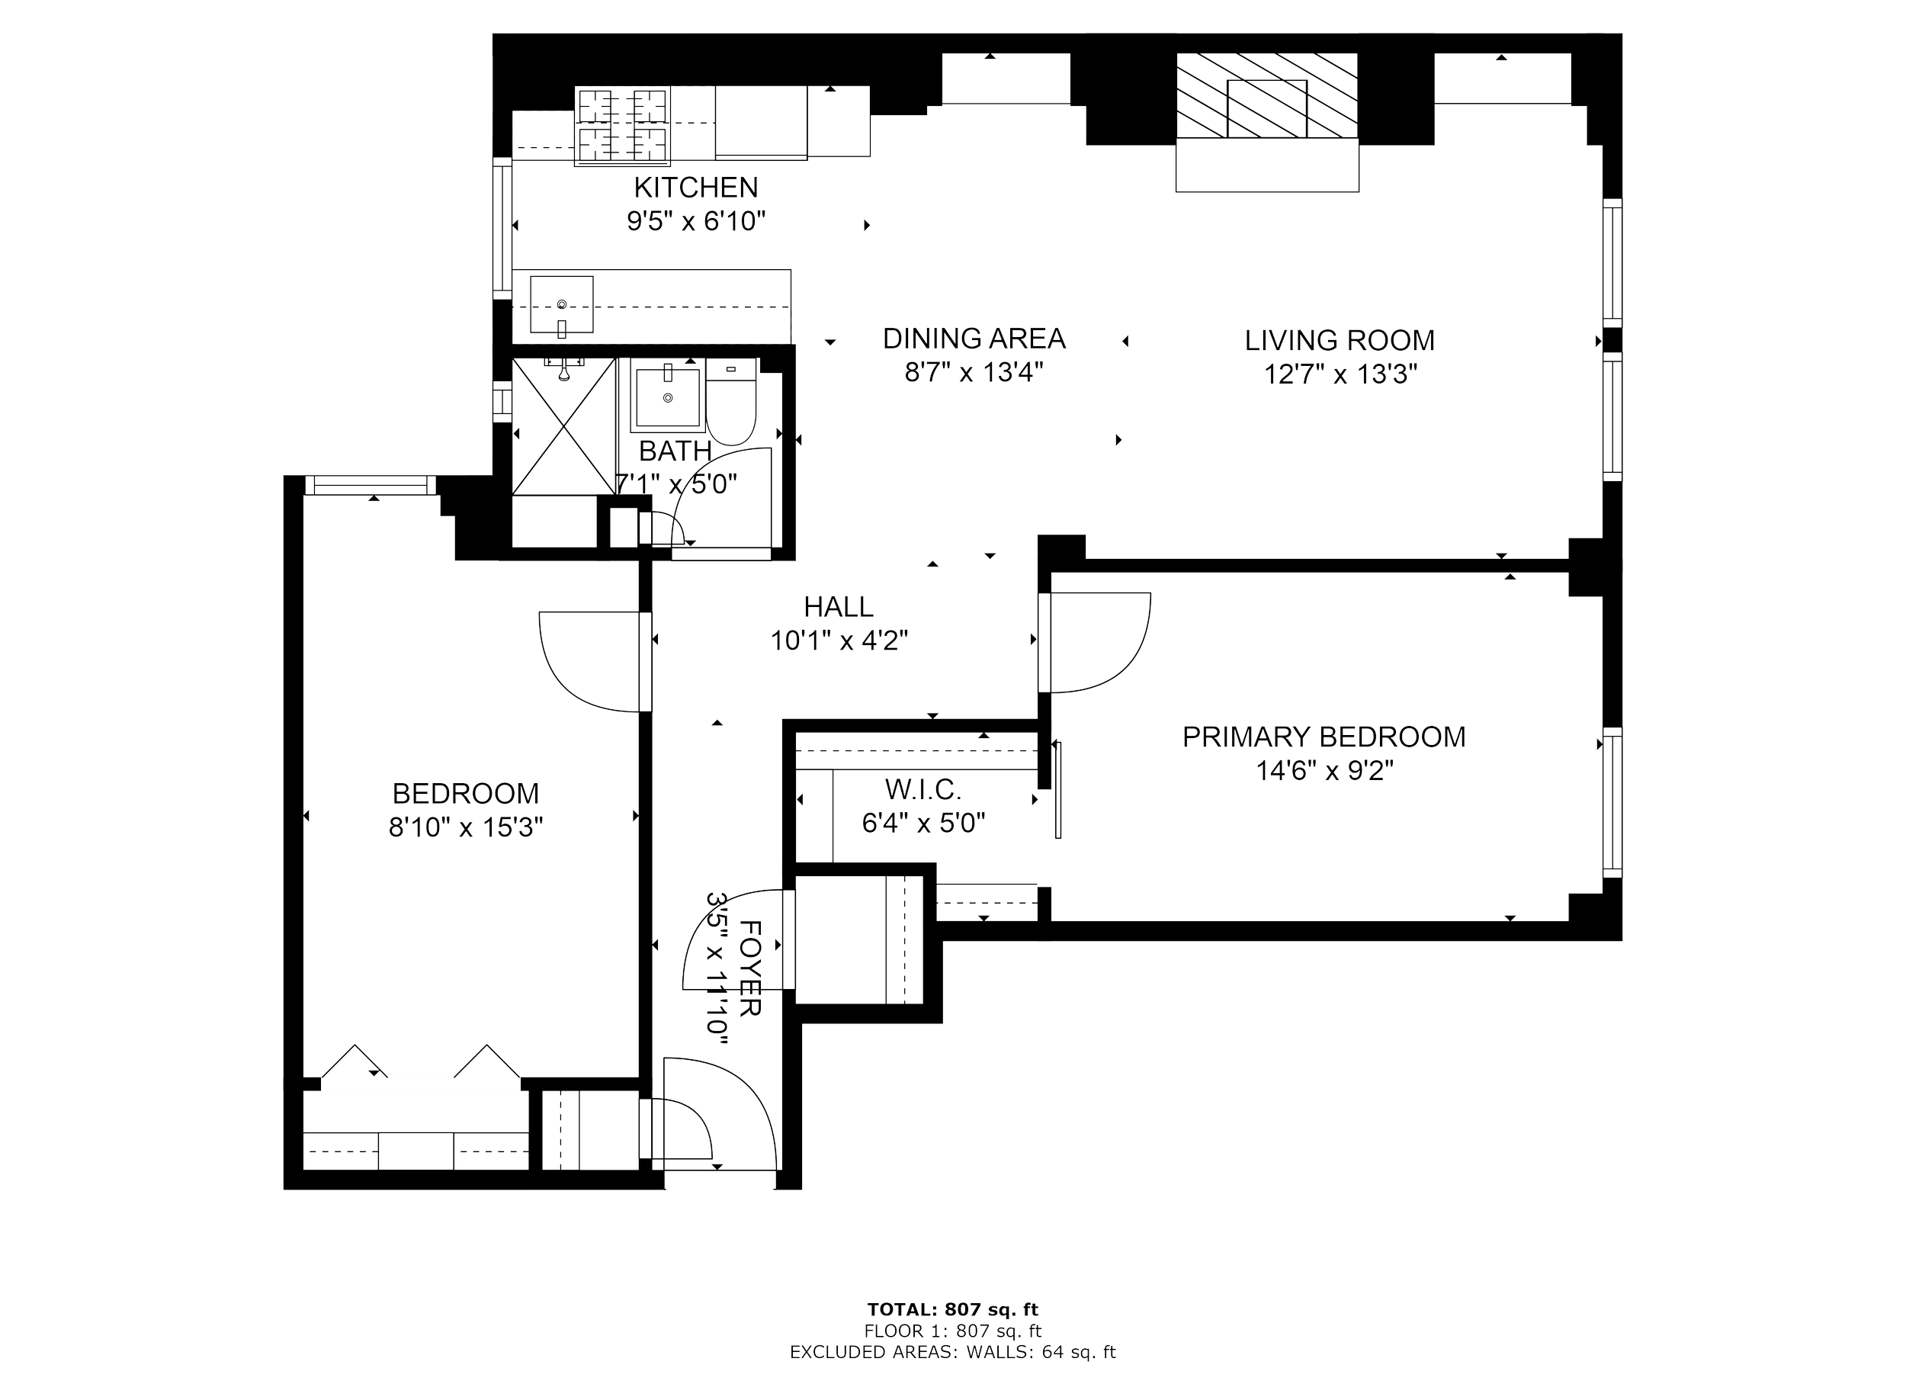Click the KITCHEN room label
pos(696,187)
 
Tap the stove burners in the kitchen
pos(622,124)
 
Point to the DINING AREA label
pos(974,339)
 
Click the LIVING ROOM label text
pos(1340,340)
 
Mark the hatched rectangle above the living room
pos(1266,96)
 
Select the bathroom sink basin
pos(669,395)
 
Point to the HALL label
pos(838,606)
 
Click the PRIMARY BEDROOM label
pos(1324,737)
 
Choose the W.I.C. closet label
pos(922,789)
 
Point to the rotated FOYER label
pos(749,968)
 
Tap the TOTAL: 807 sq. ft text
pos(953,1309)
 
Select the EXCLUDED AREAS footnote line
pos(953,1353)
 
